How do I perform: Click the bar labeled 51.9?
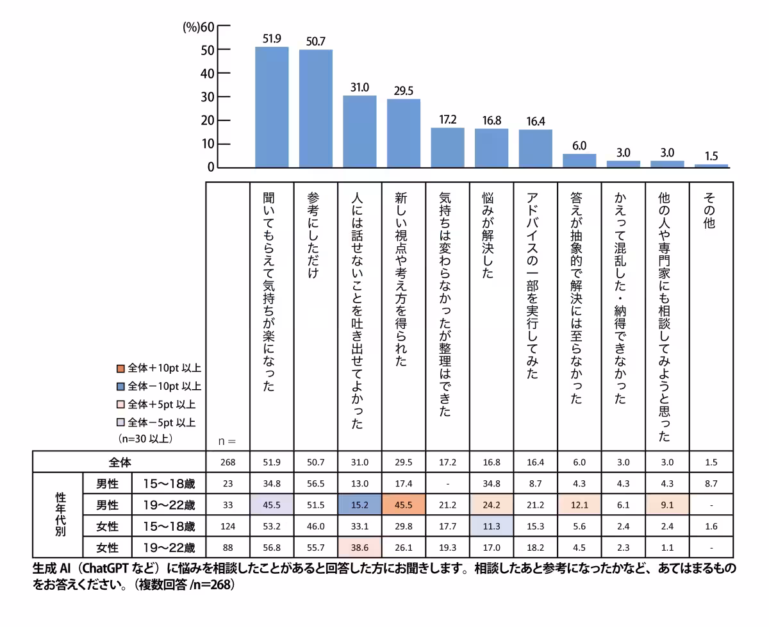click(x=272, y=107)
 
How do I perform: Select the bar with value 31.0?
click(x=360, y=131)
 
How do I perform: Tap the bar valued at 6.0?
click(x=579, y=160)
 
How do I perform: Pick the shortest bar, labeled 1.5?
click(x=711, y=165)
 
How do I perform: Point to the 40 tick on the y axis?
click(x=208, y=73)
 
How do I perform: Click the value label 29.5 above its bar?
click(x=403, y=90)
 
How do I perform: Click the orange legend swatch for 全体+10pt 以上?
click(x=120, y=369)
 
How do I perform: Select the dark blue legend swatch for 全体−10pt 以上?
click(x=120, y=387)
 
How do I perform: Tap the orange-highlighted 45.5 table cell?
click(x=403, y=505)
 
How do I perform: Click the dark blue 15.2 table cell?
click(x=360, y=505)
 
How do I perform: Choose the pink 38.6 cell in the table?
click(x=360, y=548)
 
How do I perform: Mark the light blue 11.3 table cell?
click(x=492, y=526)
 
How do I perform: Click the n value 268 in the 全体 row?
click(x=227, y=462)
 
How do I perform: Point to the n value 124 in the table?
click(x=227, y=526)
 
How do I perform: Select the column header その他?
click(x=710, y=212)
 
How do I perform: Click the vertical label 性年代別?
click(x=60, y=515)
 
